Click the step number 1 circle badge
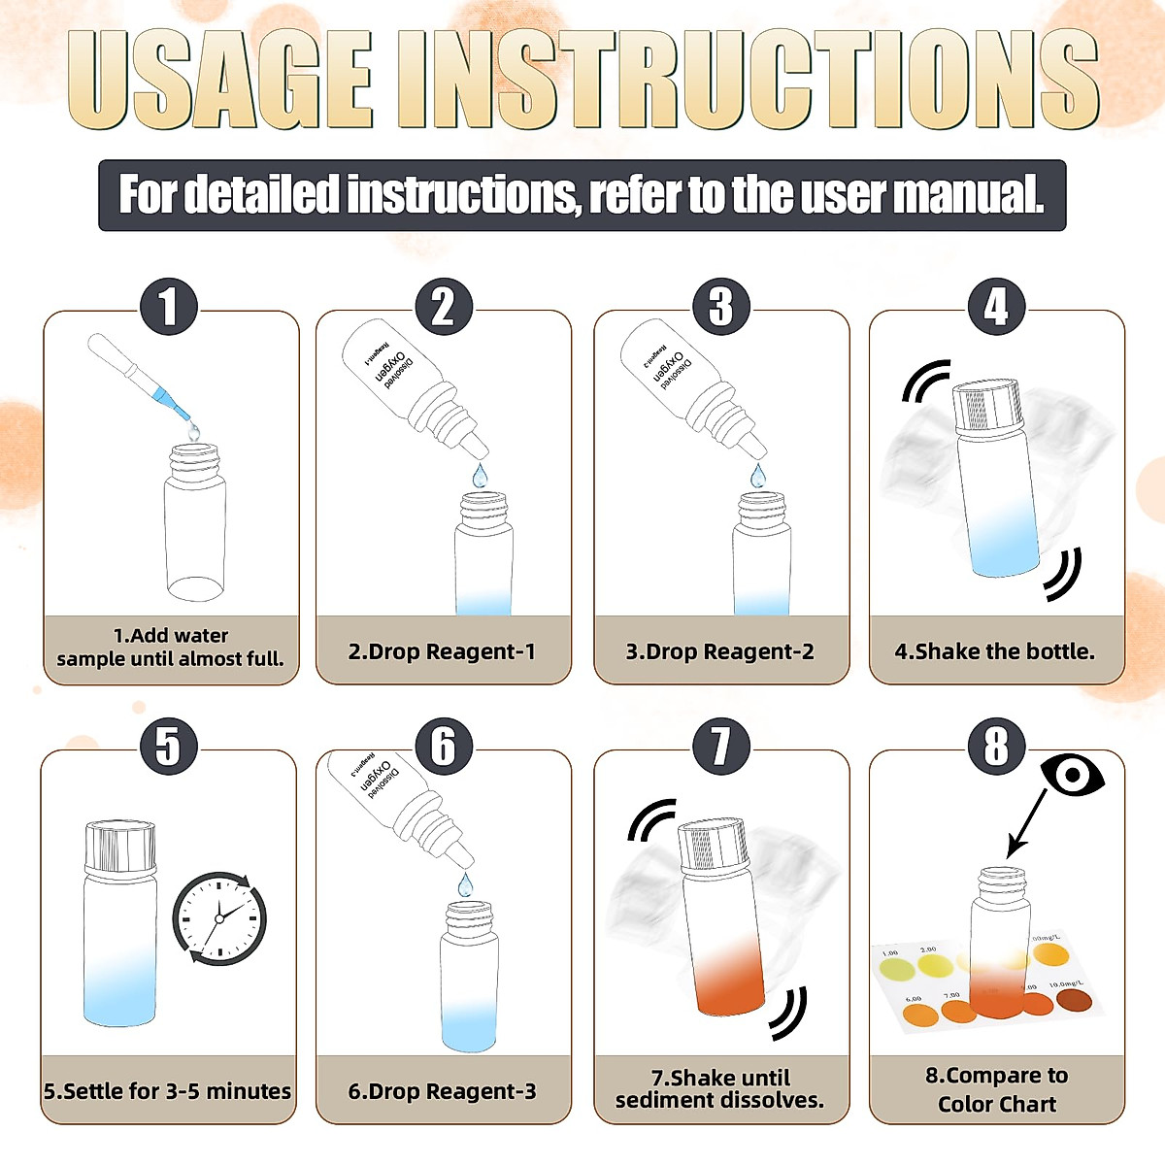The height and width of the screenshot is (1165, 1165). [169, 307]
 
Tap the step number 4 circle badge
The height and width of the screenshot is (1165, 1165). [996, 307]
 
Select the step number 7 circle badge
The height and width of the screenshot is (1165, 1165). [720, 747]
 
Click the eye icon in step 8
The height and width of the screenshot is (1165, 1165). [1072, 775]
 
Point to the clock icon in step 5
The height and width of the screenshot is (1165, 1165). [219, 917]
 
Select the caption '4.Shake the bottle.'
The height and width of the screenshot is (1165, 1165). [995, 651]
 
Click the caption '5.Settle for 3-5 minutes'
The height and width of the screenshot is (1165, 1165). [168, 1091]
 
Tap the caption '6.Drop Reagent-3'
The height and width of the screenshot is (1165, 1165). [443, 1091]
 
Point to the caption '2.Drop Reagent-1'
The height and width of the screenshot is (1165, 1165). [443, 651]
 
